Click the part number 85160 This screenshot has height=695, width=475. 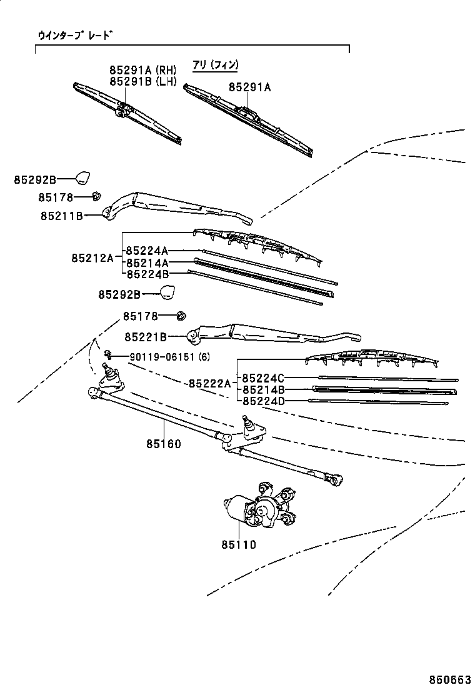click(x=164, y=444)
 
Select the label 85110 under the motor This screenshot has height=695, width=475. click(x=238, y=544)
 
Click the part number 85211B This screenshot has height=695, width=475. click(x=62, y=216)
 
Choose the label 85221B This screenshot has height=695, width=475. click(x=145, y=337)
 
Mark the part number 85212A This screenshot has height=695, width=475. click(x=92, y=257)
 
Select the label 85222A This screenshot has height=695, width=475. click(x=209, y=383)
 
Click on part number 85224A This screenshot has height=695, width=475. click(x=147, y=251)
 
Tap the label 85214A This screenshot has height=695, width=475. click(x=147, y=262)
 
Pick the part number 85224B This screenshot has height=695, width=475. click(x=147, y=274)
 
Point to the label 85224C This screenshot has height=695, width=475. click(x=263, y=377)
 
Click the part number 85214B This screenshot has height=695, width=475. click(x=263, y=389)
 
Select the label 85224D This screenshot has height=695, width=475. click(x=263, y=401)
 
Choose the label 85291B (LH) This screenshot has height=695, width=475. click(x=142, y=81)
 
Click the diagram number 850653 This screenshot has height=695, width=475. click(x=449, y=679)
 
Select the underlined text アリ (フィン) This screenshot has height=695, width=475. click(x=215, y=64)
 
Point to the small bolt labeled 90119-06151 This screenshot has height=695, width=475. click(x=108, y=355)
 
